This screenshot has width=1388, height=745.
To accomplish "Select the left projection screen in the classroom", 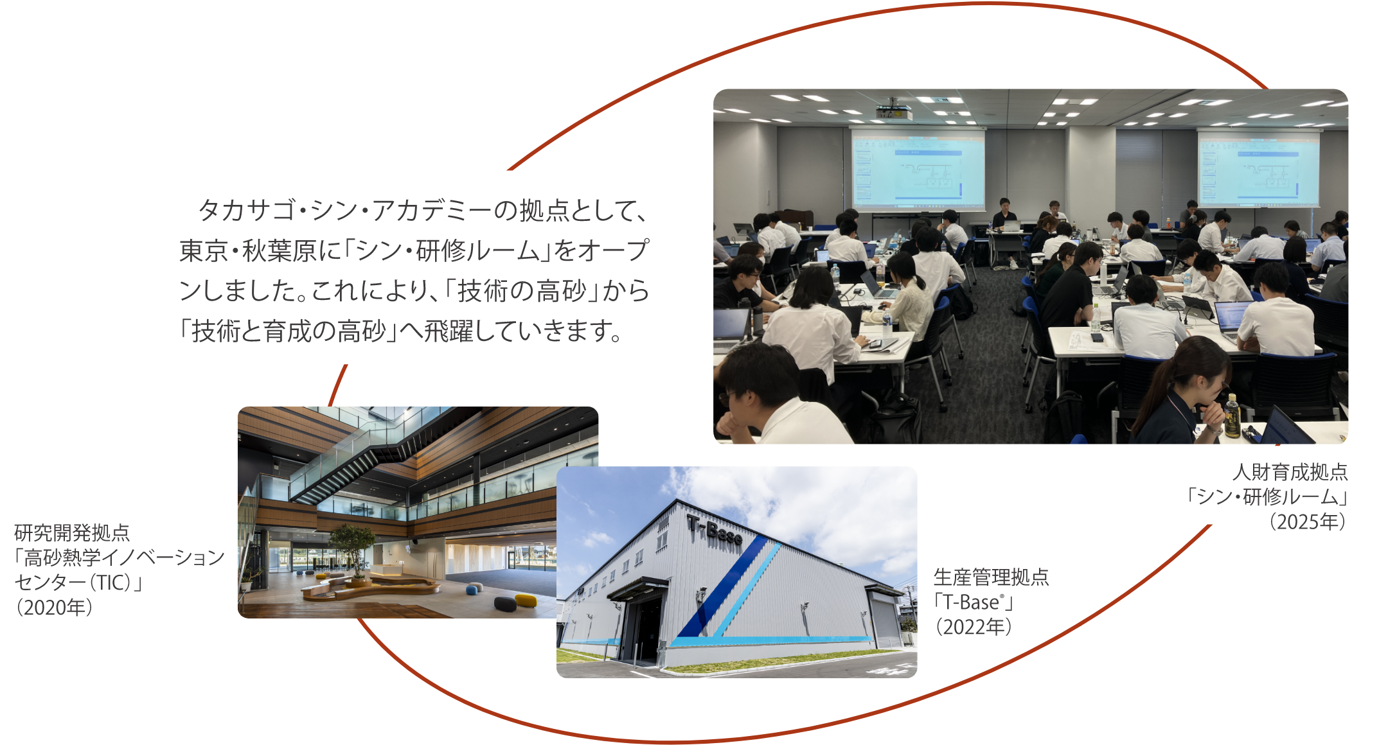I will click(918, 168).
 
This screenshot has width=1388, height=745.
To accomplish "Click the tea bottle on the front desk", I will click(1231, 416).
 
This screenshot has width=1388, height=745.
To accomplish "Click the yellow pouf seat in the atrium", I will click(526, 600).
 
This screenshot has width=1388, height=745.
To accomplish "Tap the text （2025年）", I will click(1307, 521).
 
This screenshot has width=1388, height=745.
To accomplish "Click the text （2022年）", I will click(973, 626).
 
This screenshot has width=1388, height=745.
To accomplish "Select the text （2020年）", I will click(54, 607).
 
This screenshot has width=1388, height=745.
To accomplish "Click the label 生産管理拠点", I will click(991, 577).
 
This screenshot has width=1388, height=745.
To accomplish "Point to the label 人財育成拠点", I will click(1290, 472).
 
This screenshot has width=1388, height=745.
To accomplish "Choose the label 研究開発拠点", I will click(72, 532).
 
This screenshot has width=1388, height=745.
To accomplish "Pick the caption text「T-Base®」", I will click(973, 602).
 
